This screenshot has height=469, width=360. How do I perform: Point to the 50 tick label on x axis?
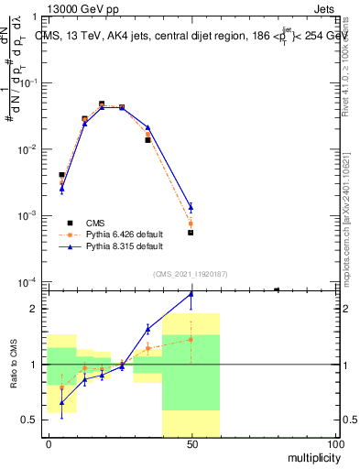(x=191, y=443)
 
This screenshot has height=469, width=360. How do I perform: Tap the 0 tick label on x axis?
(x=49, y=443)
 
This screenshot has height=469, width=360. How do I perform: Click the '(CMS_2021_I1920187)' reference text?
(x=191, y=272)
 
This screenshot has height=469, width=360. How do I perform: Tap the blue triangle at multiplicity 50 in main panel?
(x=191, y=207)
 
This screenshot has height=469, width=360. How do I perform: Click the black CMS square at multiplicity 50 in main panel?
(x=191, y=233)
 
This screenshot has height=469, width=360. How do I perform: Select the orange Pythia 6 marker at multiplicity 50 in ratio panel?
(x=191, y=339)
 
